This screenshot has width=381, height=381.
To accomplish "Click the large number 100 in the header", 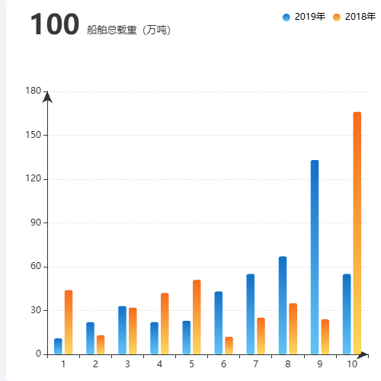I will tap(54, 24).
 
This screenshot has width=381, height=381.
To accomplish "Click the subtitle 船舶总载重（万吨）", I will tap(129, 30).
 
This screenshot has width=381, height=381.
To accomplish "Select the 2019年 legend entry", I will tap(304, 17).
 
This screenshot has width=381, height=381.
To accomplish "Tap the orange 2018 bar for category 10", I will tap(357, 232).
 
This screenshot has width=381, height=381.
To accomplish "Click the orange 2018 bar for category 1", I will tap(69, 322).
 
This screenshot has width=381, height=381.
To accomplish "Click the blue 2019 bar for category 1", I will tap(58, 347).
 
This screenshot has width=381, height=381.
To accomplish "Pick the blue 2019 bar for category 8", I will tap(283, 305).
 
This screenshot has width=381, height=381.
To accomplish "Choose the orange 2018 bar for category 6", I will tap(229, 345).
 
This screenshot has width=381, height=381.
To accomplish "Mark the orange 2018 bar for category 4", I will tap(165, 323).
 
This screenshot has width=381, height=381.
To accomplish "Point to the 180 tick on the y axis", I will tap(33, 91).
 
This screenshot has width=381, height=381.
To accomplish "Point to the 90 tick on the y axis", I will tap(35, 223).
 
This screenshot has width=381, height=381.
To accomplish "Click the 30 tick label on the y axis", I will tap(35, 310).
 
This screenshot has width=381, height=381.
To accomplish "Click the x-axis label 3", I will tap(127, 364).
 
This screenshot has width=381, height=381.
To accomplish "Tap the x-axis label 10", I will tap(351, 364).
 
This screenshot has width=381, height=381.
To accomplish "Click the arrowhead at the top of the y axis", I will tap(47, 97).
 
